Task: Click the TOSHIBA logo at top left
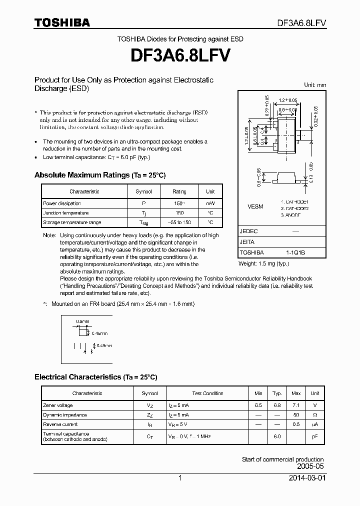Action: coord(62,22)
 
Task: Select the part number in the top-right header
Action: coord(302,23)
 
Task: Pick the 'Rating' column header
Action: coord(179,191)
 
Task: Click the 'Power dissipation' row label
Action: coord(62,203)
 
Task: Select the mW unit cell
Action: coord(210,203)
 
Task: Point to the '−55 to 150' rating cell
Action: coord(179,222)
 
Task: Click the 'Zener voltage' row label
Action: coord(58,405)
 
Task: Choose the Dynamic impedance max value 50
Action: coord(296,415)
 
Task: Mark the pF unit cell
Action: coord(315,436)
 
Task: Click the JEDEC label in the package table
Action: coord(248,231)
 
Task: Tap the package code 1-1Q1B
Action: coord(295,252)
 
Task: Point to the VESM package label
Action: coord(255,206)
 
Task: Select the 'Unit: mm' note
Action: coord(315,85)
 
